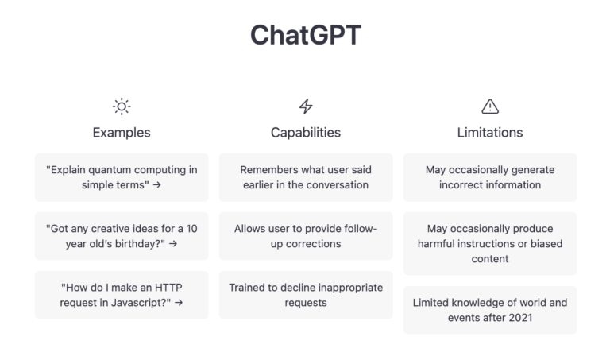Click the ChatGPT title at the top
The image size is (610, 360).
305,34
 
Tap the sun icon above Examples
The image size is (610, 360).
122,106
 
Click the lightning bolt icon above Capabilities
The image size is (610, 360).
306,106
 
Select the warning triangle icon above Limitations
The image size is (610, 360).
490,106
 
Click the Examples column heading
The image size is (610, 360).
122,132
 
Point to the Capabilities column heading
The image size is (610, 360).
306,132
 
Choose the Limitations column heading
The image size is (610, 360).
490,132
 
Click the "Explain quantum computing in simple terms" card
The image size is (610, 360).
122,177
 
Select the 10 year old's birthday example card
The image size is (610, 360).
122,236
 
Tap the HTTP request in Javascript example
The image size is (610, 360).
122,295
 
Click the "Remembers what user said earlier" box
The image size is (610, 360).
306,177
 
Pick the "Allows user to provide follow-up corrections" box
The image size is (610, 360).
306,236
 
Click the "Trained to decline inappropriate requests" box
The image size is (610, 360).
306,295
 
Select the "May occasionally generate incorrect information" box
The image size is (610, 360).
490,177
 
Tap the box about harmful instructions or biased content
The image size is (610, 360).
490,243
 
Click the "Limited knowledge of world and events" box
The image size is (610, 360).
490,310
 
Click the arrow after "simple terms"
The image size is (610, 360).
157,185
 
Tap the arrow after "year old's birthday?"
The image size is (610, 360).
172,244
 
